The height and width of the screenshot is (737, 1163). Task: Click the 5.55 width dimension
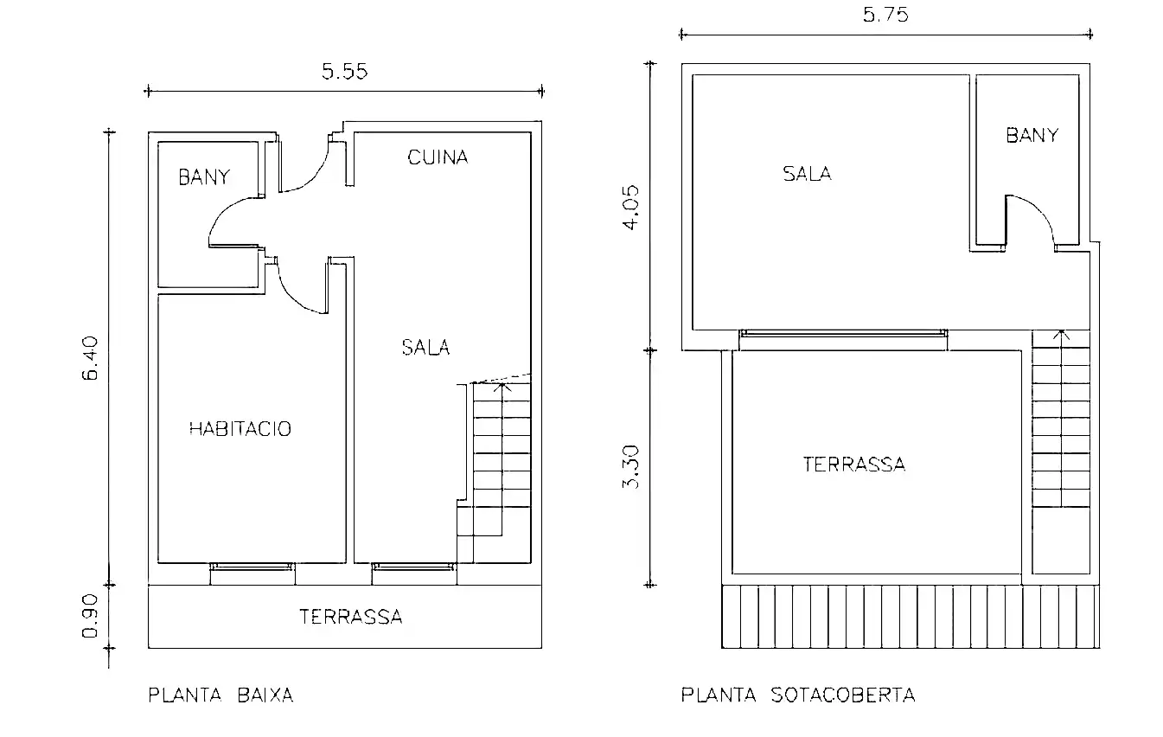pyautogui.click(x=345, y=71)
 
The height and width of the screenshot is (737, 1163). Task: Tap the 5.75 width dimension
pyautogui.click(x=885, y=15)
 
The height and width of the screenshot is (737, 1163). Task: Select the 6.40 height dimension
pyautogui.click(x=90, y=358)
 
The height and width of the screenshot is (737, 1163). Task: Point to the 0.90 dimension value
pyautogui.click(x=90, y=616)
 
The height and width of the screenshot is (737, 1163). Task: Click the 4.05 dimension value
pyautogui.click(x=631, y=208)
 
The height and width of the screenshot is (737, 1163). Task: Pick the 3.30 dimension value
pyautogui.click(x=631, y=467)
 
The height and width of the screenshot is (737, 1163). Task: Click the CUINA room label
pyautogui.click(x=438, y=157)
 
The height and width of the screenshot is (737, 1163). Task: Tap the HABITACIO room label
pyautogui.click(x=240, y=429)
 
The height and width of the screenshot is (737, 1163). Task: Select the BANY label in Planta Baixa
pyautogui.click(x=204, y=177)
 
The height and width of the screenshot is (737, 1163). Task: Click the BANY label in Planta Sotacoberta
pyautogui.click(x=1032, y=136)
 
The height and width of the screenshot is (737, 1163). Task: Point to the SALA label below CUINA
pyautogui.click(x=425, y=348)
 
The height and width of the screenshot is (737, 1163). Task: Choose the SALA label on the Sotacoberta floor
pyautogui.click(x=808, y=174)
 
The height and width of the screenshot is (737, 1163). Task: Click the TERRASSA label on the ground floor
pyautogui.click(x=351, y=617)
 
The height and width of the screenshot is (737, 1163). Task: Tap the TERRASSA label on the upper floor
pyautogui.click(x=854, y=465)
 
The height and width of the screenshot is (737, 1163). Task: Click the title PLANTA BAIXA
pyautogui.click(x=221, y=695)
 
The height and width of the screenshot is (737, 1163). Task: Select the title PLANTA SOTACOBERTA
pyautogui.click(x=798, y=695)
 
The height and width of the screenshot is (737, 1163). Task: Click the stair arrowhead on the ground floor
pyautogui.click(x=502, y=387)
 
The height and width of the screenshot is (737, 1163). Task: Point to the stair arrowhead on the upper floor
pyautogui.click(x=1061, y=335)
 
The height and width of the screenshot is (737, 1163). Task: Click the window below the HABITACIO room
pyautogui.click(x=252, y=567)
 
